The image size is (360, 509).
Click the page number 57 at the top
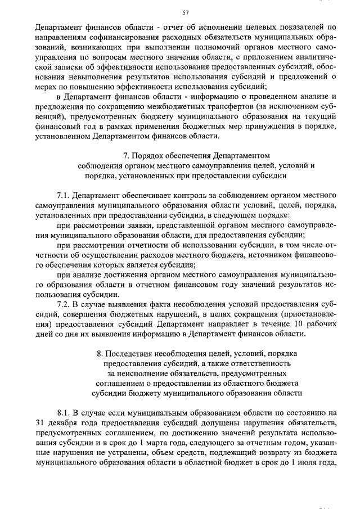(x=186, y=12)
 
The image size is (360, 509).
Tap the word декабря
(x=65, y=422)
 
